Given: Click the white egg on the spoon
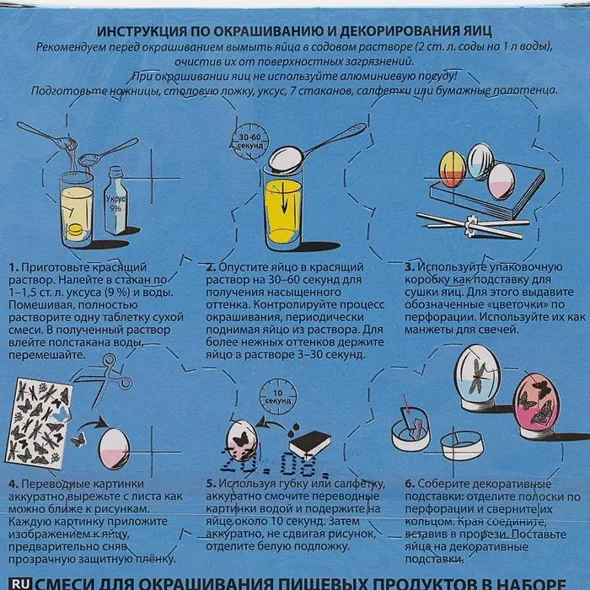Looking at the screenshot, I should (286, 159).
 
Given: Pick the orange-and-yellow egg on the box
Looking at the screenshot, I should (453, 169).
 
